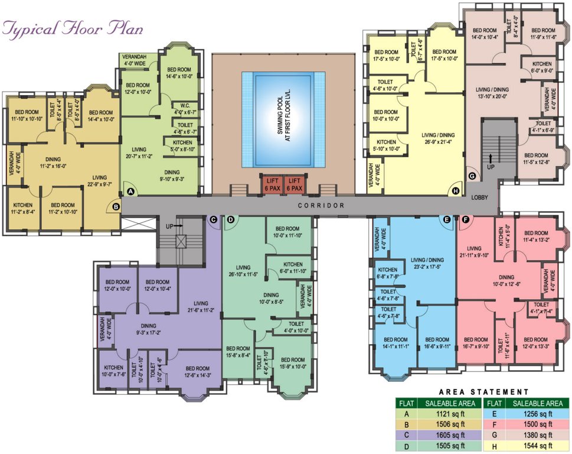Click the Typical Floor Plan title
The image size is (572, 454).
coord(73,28)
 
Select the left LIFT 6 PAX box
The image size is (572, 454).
coord(272,184)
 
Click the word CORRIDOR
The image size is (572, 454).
coord(321,205)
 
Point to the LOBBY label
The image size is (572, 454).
coord(479,198)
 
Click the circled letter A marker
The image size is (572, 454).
coord(130,192)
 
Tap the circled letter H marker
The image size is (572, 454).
coord(455,191)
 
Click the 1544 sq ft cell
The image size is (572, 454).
coord(537,446)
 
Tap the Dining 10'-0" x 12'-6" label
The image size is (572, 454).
coord(506,280)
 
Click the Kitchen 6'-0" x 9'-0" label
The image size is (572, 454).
coord(542,67)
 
